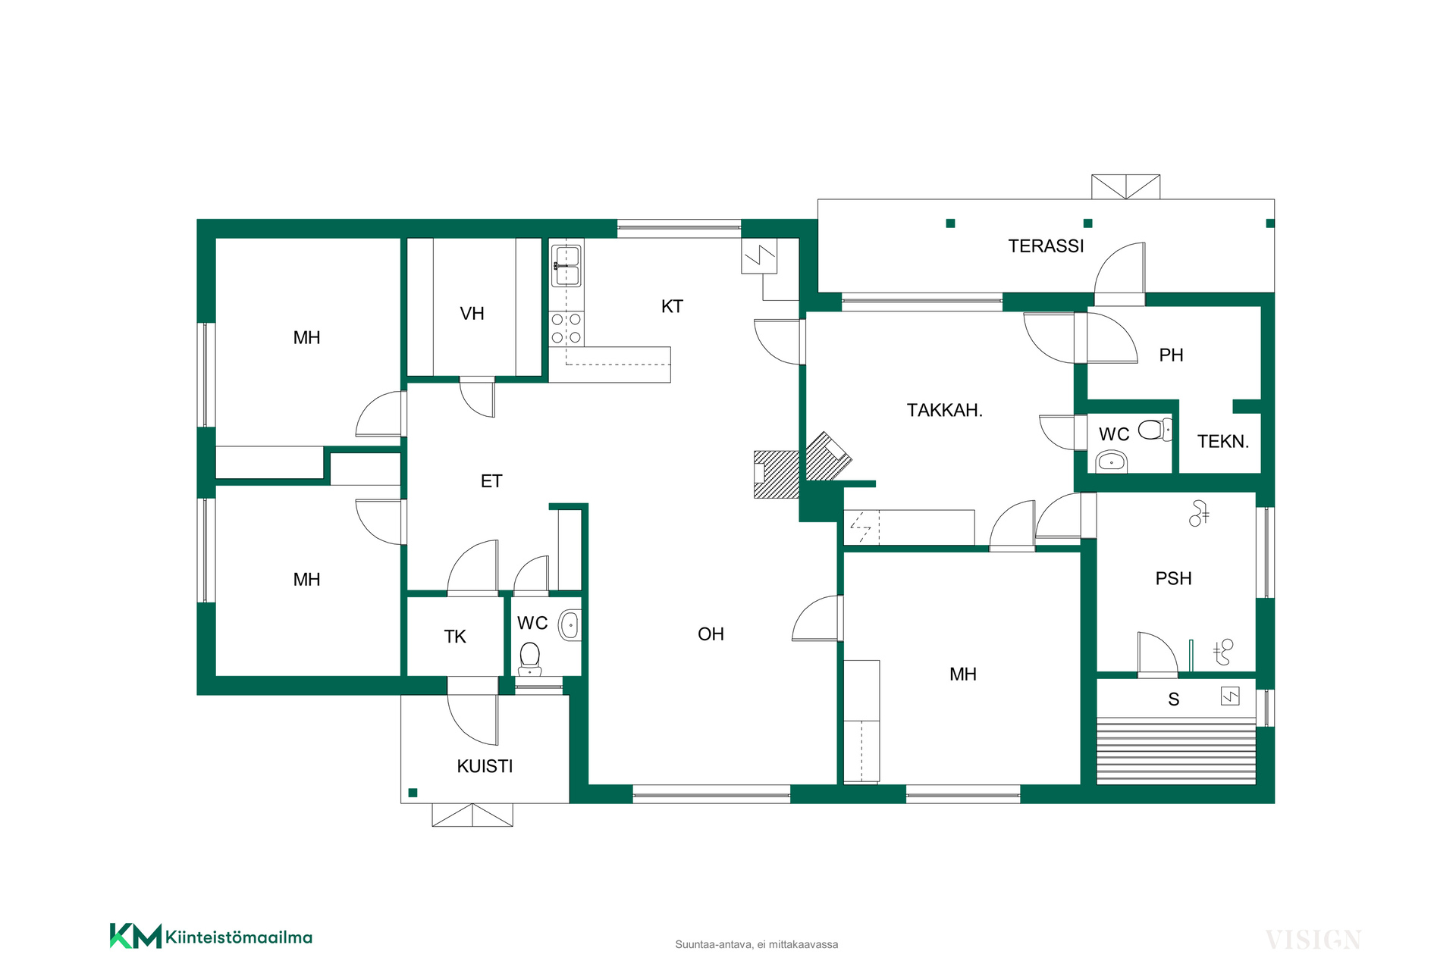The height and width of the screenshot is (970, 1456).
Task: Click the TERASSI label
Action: (x=1046, y=246)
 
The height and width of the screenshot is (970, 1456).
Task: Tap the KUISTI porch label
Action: (x=485, y=766)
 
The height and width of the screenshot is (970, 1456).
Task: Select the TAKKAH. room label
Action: (x=945, y=410)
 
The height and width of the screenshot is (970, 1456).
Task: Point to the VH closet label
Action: (x=472, y=314)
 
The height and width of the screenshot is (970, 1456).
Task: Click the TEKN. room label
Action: (x=1222, y=442)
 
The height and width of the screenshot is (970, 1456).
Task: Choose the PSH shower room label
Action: (x=1173, y=579)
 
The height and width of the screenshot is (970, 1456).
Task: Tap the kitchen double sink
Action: (x=566, y=265)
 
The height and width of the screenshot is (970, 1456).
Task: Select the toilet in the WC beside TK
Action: (x=530, y=659)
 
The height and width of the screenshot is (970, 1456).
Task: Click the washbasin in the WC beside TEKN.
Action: (x=1112, y=460)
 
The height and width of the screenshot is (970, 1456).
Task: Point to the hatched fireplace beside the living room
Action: (x=777, y=474)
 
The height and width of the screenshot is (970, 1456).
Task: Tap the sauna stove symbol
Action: (x=1230, y=696)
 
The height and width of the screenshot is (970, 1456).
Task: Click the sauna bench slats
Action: (x=1176, y=751)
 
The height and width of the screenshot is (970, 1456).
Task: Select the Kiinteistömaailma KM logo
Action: (x=211, y=937)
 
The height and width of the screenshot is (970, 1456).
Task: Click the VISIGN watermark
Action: (x=1313, y=940)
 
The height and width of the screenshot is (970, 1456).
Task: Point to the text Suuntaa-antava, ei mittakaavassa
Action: (x=757, y=945)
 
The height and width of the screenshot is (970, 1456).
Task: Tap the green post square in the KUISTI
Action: (x=413, y=793)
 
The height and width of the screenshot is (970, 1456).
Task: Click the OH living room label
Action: (x=711, y=634)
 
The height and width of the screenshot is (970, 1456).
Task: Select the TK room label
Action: (x=455, y=637)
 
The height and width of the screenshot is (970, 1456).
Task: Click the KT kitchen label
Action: (x=672, y=307)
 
